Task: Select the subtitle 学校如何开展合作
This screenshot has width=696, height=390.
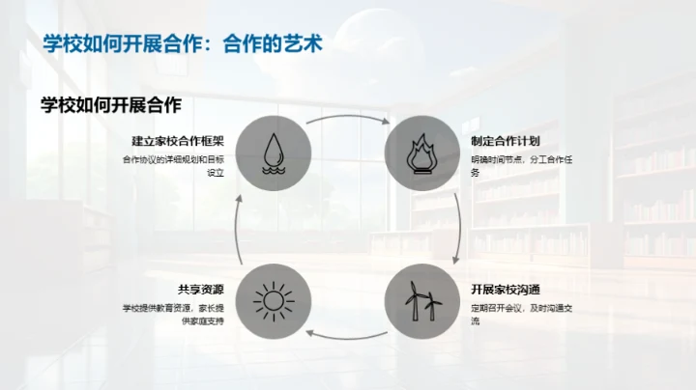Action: coord(111,105)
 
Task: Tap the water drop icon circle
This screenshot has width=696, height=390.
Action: coord(274,152)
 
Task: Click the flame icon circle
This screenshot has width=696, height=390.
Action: coord(422,152)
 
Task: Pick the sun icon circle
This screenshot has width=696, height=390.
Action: coord(274,300)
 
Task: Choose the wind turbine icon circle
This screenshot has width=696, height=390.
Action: coord(422,300)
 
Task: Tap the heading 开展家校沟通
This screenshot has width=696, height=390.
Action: coord(507,290)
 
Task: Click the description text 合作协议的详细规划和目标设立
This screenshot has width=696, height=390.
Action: coord(174,166)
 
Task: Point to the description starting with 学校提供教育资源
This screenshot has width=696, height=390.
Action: coord(174,314)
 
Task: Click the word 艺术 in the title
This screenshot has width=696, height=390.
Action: coord(303,43)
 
